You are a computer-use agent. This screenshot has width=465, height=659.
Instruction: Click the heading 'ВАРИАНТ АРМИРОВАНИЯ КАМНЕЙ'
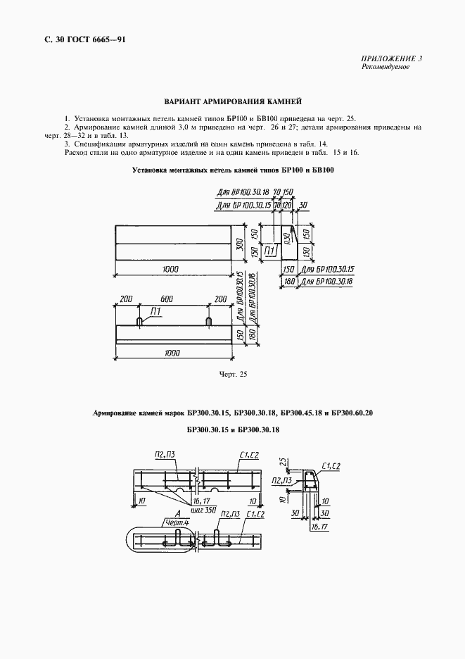[x=232, y=101]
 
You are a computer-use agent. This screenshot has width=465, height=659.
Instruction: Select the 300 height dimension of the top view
[x=238, y=244]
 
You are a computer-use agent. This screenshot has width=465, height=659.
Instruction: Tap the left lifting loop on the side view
[x=140, y=321]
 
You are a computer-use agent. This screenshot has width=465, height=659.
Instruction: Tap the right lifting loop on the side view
[x=209, y=321]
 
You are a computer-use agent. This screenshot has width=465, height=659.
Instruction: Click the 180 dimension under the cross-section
[x=288, y=281]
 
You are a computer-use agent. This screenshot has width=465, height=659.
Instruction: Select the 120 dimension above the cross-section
[x=287, y=204]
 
